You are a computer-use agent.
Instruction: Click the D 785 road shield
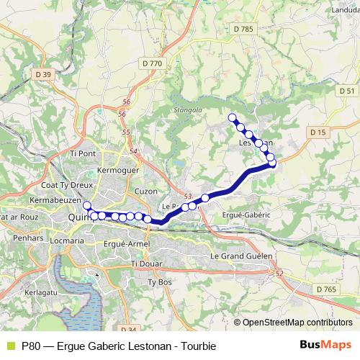(x=244, y=28)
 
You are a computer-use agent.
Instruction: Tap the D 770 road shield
(x=153, y=63)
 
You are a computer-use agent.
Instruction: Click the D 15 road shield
(x=318, y=132)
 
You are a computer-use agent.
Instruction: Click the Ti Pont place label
(x=83, y=153)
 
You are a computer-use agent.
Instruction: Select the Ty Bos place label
(x=158, y=282)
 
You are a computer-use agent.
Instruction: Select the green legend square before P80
(x=9, y=346)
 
